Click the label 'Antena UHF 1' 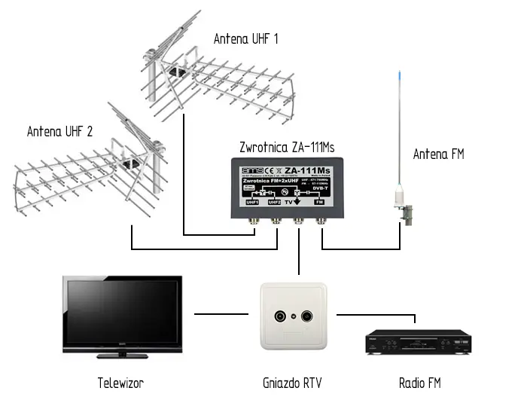245,38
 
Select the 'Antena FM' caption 438,154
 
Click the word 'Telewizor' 120,383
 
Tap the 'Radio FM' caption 419,383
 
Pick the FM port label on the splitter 319,203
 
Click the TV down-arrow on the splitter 297,200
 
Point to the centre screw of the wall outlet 294,317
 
